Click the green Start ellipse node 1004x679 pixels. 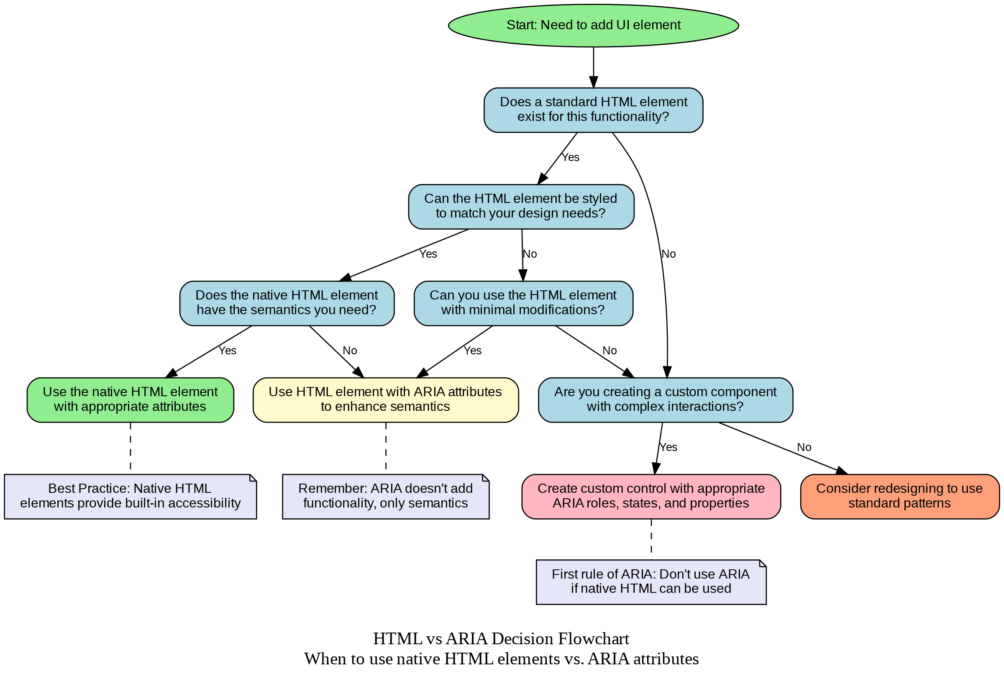(593, 25)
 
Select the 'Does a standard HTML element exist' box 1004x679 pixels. (593, 110)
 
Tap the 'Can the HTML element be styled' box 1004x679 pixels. (521, 207)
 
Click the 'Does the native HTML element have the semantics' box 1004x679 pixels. (287, 303)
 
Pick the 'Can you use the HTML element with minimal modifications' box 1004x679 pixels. (523, 303)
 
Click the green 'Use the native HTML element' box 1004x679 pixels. (130, 400)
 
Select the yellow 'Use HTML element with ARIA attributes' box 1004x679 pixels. (385, 400)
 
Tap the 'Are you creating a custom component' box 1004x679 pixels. (665, 400)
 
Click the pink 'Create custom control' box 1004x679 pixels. (651, 496)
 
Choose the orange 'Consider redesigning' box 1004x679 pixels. (900, 496)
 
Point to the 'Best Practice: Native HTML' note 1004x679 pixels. (130, 496)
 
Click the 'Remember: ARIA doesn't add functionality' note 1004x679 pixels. (385, 496)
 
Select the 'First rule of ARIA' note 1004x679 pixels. (651, 582)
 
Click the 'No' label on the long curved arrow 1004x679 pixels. (668, 254)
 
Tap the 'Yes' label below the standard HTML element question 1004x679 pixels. (570, 157)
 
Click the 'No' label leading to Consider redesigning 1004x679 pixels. (804, 447)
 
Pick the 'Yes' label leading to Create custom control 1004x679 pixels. (668, 447)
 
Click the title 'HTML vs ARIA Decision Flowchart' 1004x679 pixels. (501, 638)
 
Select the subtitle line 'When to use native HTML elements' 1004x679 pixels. (501, 659)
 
